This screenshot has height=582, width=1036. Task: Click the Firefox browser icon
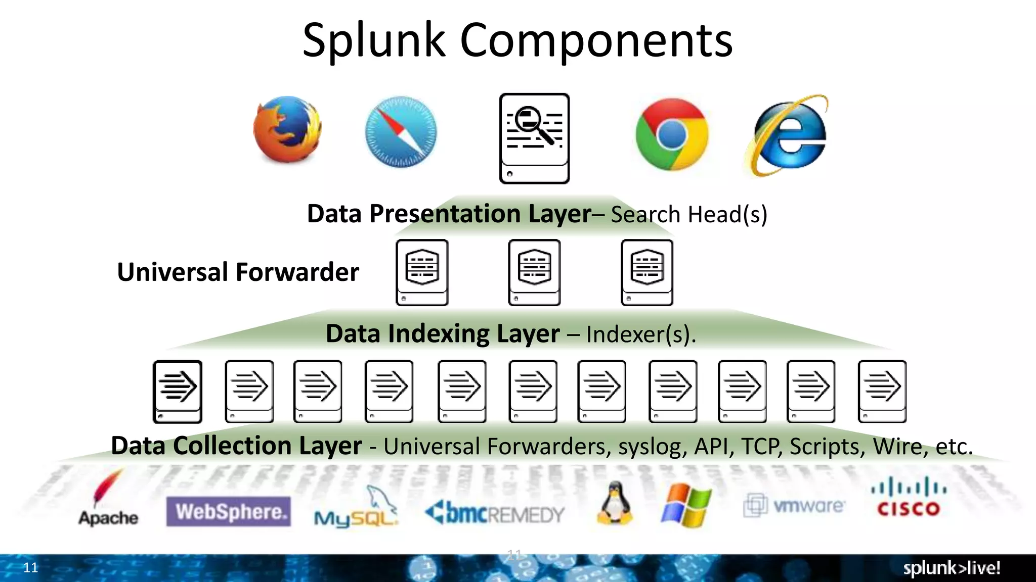click(287, 130)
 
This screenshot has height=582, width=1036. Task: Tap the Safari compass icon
click(401, 132)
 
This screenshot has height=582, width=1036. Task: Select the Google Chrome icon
click(672, 134)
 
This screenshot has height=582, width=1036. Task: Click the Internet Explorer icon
click(787, 135)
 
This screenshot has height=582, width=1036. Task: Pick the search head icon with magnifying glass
click(534, 138)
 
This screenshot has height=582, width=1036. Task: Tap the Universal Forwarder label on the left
click(238, 272)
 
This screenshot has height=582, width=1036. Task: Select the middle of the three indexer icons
click(534, 272)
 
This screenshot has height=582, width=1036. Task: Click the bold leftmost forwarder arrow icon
click(178, 391)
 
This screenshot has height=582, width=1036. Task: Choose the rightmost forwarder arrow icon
click(882, 391)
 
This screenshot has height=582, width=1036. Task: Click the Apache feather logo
click(108, 498)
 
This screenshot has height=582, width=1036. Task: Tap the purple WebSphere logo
click(229, 512)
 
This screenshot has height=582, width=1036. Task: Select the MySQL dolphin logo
click(356, 508)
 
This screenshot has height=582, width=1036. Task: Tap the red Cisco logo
click(909, 498)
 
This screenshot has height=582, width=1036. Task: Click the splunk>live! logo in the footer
click(951, 568)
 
